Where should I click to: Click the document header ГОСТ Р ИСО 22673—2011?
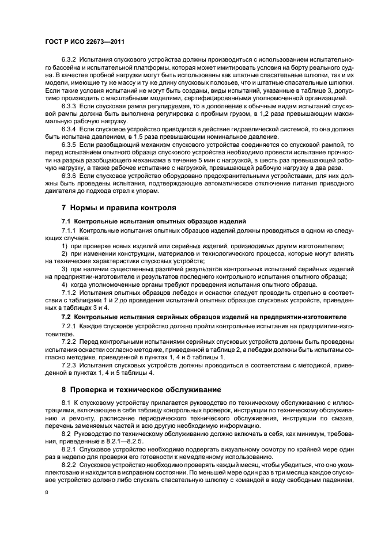click(85, 42)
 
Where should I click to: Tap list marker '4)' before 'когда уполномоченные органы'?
click(65, 284)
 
